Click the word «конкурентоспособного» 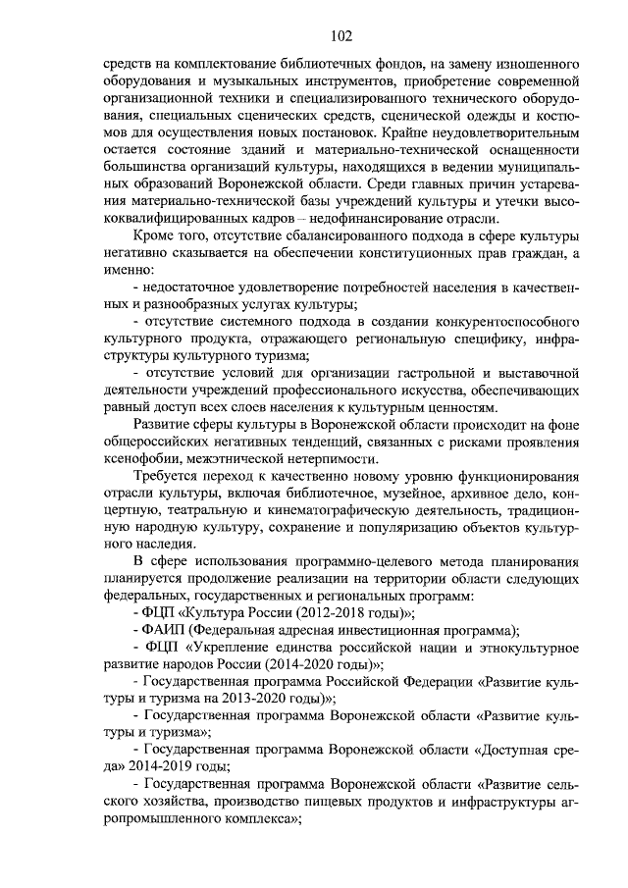[x=497, y=325]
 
